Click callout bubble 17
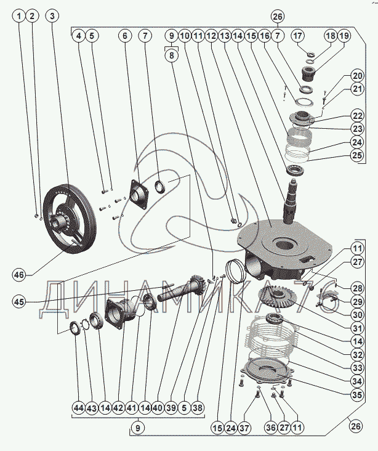298,36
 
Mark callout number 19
344,36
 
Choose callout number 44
78,407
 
